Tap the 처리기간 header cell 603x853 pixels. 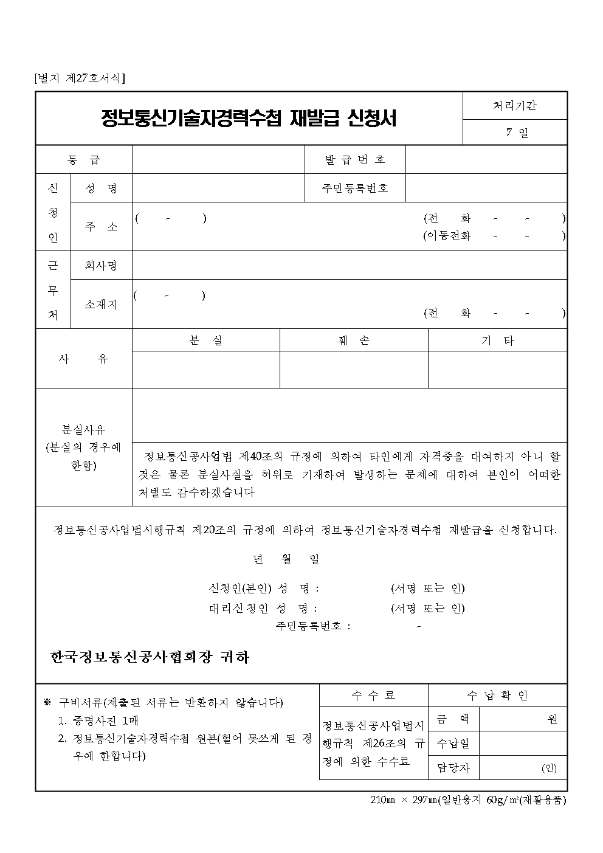click(x=514, y=106)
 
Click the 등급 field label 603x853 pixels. click(x=84, y=160)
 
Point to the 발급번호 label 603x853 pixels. click(x=355, y=160)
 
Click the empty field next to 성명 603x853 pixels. click(x=218, y=188)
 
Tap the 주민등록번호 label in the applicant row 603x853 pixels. click(x=355, y=188)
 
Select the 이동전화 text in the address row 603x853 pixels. click(x=449, y=236)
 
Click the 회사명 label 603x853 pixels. click(x=101, y=265)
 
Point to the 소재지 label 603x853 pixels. click(x=101, y=305)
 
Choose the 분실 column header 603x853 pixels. click(x=205, y=340)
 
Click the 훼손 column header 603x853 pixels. click(x=354, y=340)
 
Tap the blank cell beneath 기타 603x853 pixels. click(x=497, y=369)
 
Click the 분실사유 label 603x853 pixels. click(x=84, y=430)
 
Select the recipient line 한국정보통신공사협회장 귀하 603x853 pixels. click(x=150, y=657)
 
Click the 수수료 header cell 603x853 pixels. click(x=373, y=696)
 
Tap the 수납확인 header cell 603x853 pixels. click(x=497, y=696)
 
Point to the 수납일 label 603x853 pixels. click(x=453, y=743)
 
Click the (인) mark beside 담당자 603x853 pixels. click(x=548, y=768)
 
